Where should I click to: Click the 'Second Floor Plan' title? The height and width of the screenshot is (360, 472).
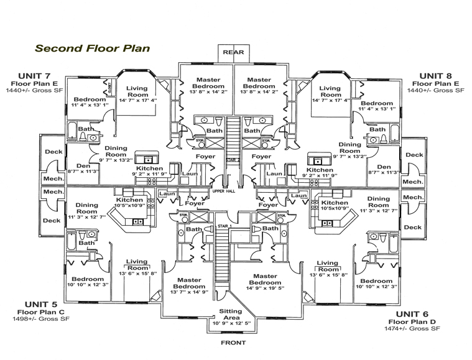pyautogui.click(x=91, y=47)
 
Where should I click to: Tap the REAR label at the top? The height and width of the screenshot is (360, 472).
pyautogui.click(x=233, y=52)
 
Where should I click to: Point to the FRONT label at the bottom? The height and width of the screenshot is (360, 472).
pyautogui.click(x=233, y=343)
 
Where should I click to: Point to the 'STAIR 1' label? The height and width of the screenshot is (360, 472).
pyautogui.click(x=224, y=226)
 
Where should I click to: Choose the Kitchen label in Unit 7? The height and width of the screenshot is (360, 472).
pyautogui.click(x=150, y=168)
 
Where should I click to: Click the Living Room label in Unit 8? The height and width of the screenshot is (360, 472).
pyautogui.click(x=330, y=92)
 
